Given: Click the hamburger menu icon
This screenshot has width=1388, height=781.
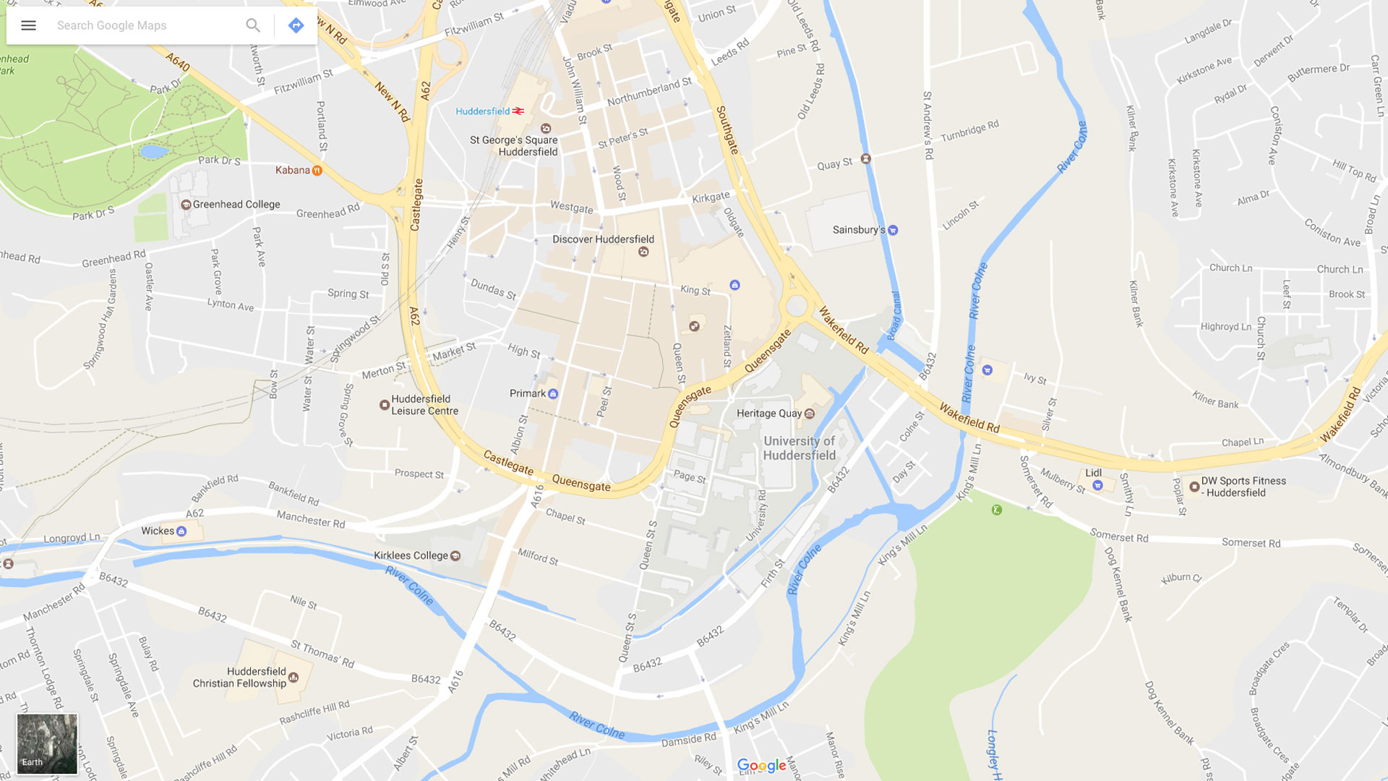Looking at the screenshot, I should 28,26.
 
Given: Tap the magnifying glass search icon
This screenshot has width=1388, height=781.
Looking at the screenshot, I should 252,26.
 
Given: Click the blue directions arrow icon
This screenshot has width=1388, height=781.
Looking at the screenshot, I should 296,26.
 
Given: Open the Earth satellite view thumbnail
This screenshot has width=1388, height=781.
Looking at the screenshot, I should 47,744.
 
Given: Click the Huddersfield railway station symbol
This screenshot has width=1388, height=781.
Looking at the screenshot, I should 518,111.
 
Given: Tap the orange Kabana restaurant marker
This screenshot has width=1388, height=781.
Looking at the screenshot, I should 317,171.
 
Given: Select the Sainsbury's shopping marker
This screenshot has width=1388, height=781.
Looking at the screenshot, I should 893,231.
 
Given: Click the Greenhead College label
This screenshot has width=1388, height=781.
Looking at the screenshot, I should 236,205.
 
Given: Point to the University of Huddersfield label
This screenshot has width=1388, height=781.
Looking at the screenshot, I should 799,448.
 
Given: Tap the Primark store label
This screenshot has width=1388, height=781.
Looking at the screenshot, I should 528,393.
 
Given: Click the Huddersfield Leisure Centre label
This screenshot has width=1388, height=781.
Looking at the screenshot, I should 424,405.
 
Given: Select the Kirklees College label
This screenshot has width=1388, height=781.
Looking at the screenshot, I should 411,555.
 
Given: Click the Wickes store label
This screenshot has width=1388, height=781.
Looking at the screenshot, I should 158,531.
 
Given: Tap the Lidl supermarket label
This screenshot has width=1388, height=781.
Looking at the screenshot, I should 1093,473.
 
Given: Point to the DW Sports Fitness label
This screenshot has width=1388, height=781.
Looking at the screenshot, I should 1243,487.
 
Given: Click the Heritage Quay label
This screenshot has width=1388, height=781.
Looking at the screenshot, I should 768,414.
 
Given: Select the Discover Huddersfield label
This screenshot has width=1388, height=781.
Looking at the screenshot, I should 603,239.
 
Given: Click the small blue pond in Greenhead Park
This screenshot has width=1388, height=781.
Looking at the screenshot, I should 154,152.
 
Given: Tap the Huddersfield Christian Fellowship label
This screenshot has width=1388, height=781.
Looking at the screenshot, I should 239,678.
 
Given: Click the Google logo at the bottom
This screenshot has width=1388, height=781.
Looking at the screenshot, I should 761,765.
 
